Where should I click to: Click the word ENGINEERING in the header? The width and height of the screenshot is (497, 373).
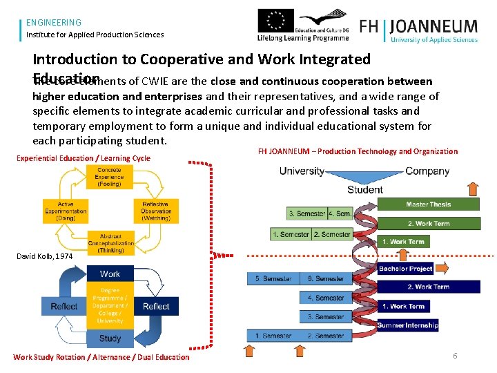tap(54, 23)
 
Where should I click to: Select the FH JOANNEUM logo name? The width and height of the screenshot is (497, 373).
tap(418, 27)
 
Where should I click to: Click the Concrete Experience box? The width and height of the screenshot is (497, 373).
tap(109, 177)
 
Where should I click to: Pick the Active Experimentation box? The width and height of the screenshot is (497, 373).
tap(66, 211)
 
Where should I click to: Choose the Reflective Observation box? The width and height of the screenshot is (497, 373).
tap(156, 211)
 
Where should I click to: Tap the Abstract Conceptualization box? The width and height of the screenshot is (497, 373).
tap(110, 243)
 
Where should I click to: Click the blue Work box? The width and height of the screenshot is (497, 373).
tap(110, 274)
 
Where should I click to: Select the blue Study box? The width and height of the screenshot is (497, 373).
tap(110, 338)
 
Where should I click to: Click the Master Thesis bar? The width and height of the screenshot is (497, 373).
tap(428, 204)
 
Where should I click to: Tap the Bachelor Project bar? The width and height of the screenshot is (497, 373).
tap(406, 269)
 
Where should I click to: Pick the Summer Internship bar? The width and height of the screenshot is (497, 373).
tap(407, 325)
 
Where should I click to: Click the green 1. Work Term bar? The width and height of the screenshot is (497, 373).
tap(403, 242)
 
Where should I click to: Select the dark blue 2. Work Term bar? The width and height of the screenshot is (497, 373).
tap(428, 287)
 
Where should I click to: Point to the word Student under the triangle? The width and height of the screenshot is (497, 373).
tap(365, 189)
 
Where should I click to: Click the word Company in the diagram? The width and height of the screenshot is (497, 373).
tap(427, 171)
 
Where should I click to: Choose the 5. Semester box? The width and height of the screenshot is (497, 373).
tap(273, 278)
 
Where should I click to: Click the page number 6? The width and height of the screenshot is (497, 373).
tap(455, 356)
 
